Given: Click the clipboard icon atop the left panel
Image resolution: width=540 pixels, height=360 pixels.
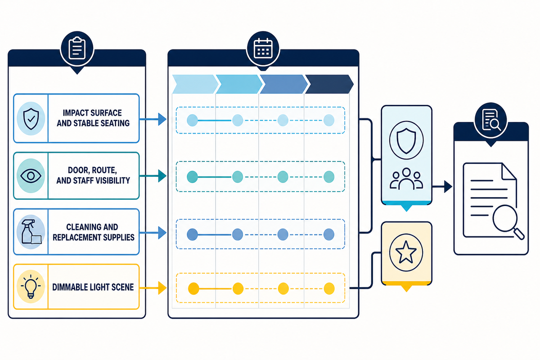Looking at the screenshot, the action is [x=77, y=48].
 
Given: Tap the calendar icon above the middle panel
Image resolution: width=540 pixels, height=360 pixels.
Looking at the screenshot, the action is [x=263, y=48].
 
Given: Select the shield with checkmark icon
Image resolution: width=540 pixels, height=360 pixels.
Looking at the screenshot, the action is [x=31, y=119].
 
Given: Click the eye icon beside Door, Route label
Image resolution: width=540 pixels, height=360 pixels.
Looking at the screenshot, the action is [x=31, y=175].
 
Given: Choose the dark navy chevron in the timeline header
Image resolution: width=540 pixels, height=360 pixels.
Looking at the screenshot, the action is [x=329, y=84].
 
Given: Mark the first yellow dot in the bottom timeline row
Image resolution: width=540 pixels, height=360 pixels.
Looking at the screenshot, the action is [x=193, y=288].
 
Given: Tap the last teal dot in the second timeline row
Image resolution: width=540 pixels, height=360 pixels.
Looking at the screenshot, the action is [x=329, y=177].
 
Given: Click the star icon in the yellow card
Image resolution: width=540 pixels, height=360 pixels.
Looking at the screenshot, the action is [x=406, y=252].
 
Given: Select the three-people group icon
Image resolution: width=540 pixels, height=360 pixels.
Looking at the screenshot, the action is [x=406, y=179].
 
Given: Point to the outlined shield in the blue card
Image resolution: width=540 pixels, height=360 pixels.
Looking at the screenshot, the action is [x=406, y=141].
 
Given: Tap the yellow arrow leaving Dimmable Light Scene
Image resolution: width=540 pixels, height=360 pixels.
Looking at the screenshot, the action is [x=153, y=288].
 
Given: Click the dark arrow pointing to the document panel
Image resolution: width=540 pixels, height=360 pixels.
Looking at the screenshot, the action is [x=442, y=187].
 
